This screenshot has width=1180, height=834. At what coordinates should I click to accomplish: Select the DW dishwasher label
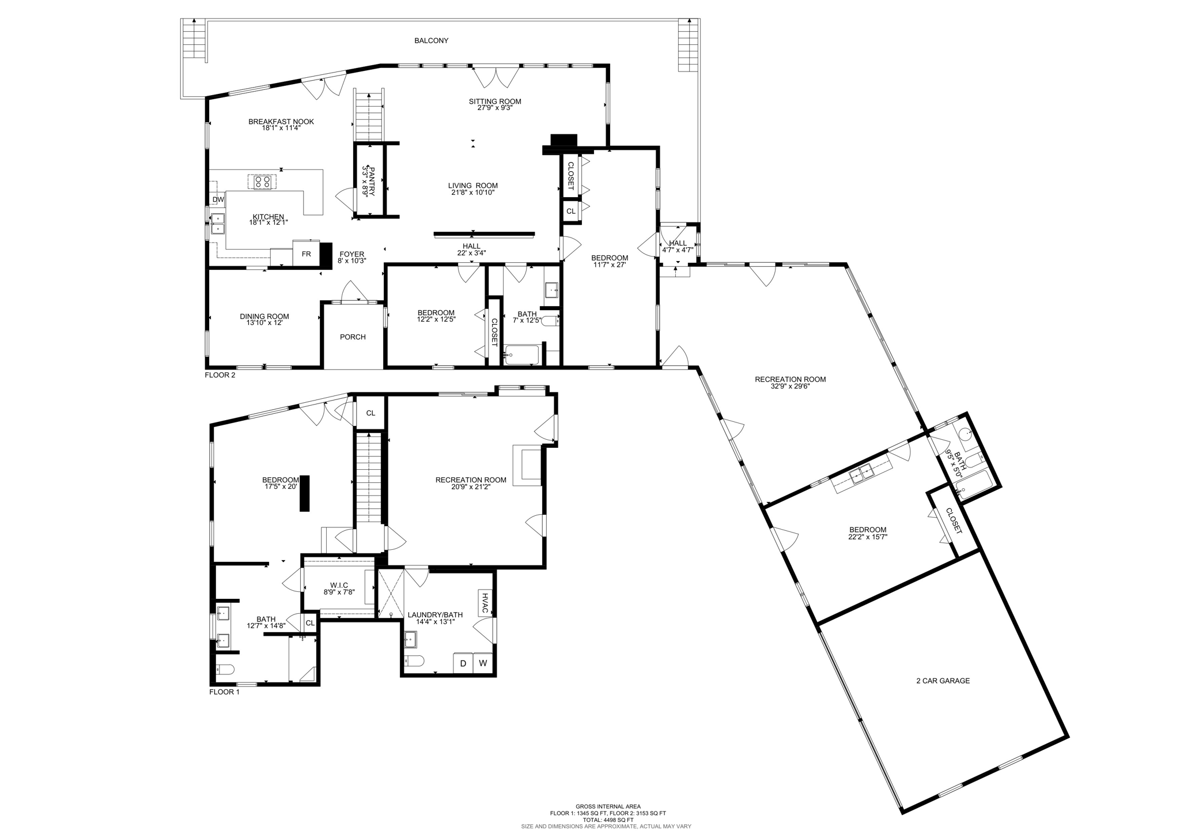pos(218,200)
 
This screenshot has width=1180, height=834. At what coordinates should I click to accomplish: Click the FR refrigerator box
pos(306,254)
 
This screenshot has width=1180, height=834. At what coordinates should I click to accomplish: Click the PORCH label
pos(353,337)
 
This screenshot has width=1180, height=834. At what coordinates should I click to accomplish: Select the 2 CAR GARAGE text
pos(943,681)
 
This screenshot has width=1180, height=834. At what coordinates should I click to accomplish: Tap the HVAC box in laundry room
pos(485,603)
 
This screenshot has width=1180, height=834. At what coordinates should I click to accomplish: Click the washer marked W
pos(483,663)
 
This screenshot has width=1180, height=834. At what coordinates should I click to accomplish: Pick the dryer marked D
pos(463,663)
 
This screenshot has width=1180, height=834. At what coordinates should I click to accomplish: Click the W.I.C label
pos(339,585)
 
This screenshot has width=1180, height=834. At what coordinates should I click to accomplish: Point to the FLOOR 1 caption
pos(224,692)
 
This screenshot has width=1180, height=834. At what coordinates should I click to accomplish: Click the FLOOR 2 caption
pos(220,375)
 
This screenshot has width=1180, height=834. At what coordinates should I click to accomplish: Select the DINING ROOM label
pos(264,316)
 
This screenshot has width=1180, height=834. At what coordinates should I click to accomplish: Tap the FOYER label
pos(351,254)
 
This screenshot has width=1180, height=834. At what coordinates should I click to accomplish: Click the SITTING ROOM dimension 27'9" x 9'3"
pos(495,108)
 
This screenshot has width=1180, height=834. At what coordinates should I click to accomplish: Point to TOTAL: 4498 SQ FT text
pos(608,820)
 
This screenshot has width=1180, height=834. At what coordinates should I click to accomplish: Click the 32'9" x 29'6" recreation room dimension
pos(790,386)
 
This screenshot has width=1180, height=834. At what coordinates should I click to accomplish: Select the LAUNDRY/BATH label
pos(435,615)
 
